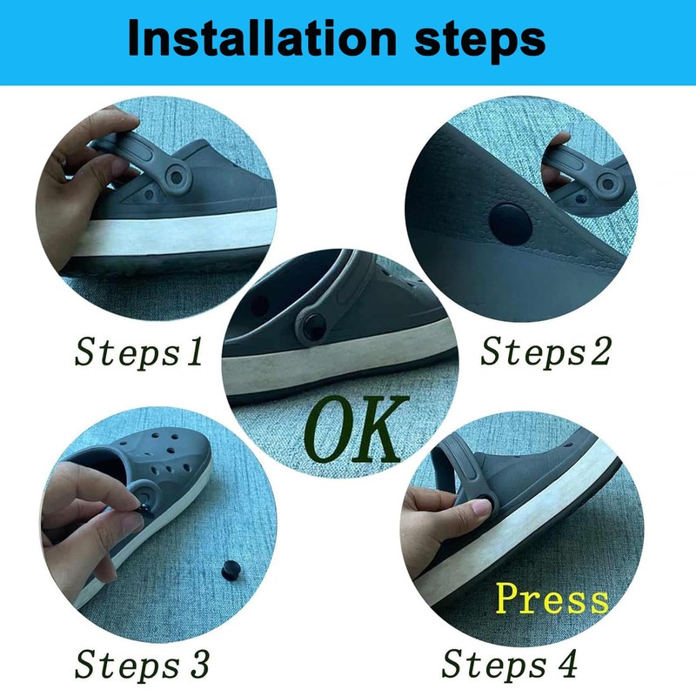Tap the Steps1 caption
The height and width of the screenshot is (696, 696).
(x=140, y=351)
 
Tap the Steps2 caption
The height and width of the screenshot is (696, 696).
(x=547, y=351)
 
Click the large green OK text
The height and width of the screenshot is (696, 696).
(x=358, y=429)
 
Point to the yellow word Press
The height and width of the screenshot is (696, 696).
(x=552, y=599)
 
